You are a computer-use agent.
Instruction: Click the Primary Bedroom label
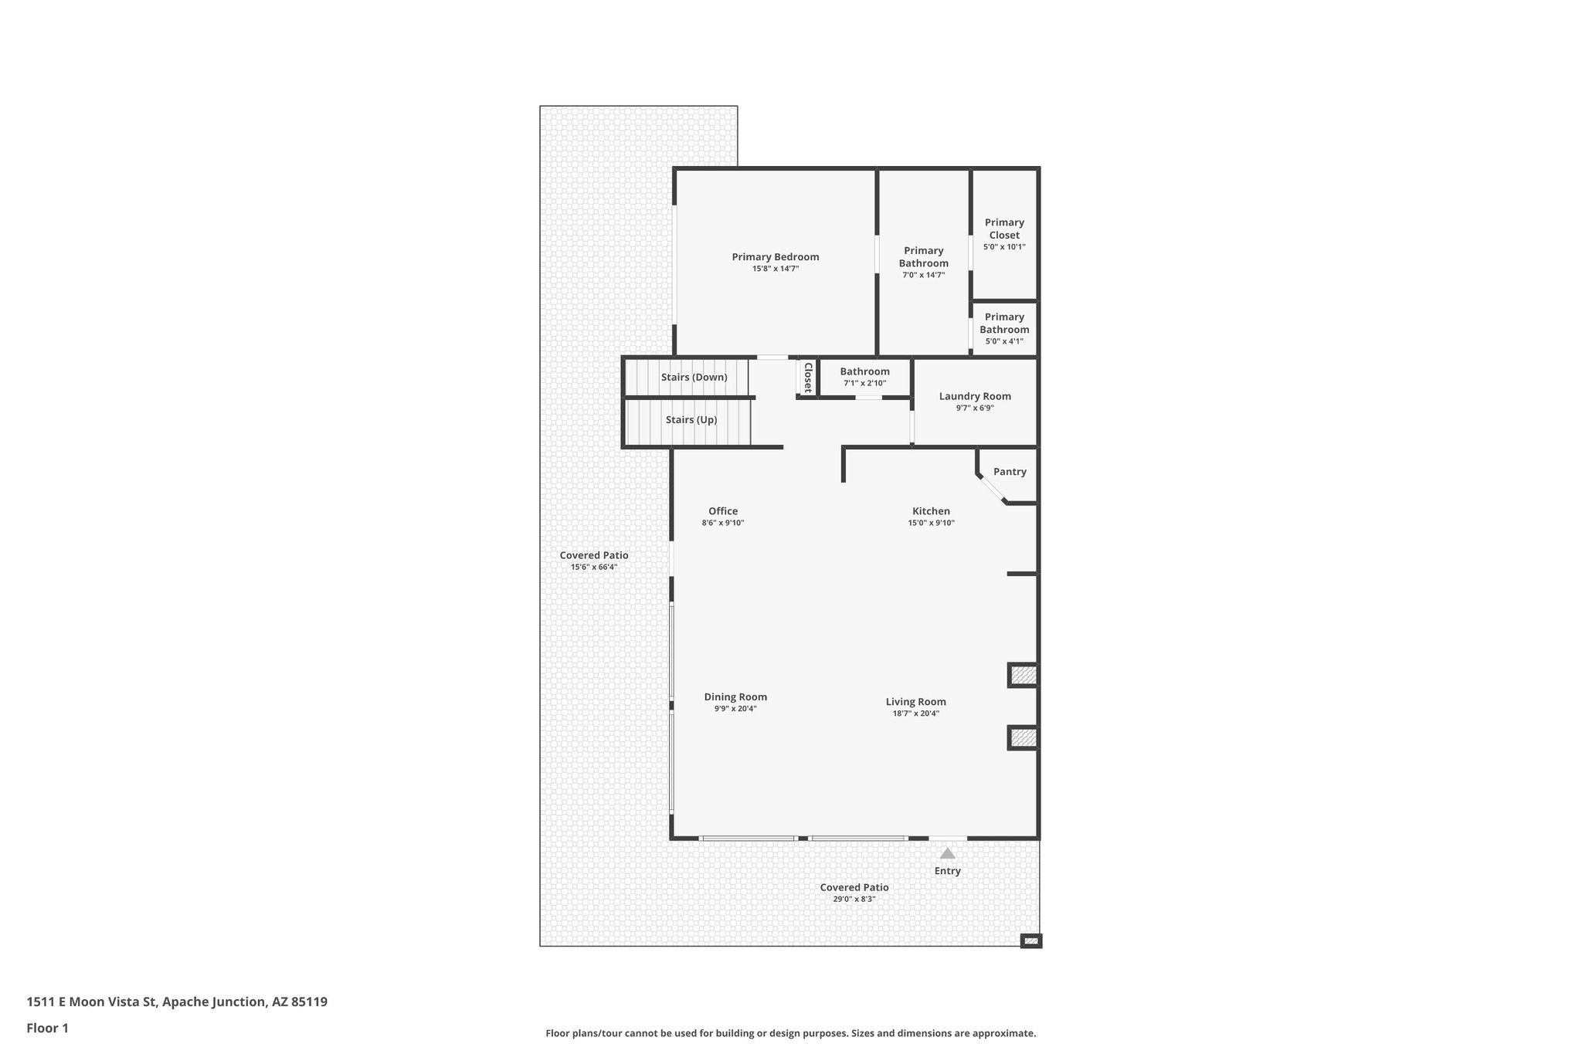click(x=775, y=257)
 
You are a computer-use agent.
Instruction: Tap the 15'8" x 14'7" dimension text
click(x=775, y=269)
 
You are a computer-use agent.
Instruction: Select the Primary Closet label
click(x=1004, y=229)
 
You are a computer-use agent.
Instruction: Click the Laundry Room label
click(x=975, y=396)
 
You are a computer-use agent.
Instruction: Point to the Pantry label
click(x=1010, y=472)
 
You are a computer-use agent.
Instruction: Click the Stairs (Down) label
click(x=694, y=378)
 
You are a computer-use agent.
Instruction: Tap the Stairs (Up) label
click(x=691, y=420)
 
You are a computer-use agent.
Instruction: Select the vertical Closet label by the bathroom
click(x=808, y=378)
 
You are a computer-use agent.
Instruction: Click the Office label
click(x=723, y=511)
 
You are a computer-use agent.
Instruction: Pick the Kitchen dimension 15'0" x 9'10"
click(x=931, y=523)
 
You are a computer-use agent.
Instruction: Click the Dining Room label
click(x=735, y=696)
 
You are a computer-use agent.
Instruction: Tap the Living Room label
click(x=915, y=702)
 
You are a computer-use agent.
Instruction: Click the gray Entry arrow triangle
click(x=947, y=853)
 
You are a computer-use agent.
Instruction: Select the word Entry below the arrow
click(x=947, y=871)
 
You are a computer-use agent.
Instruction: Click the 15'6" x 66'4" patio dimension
click(x=593, y=567)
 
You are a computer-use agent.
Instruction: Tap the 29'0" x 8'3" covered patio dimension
click(x=854, y=899)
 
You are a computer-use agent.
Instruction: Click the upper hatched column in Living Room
click(x=1024, y=676)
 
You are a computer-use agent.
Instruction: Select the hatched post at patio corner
click(x=1030, y=940)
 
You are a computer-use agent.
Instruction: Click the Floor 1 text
click(x=48, y=1028)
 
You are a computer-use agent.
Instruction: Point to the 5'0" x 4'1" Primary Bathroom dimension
click(x=1004, y=341)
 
